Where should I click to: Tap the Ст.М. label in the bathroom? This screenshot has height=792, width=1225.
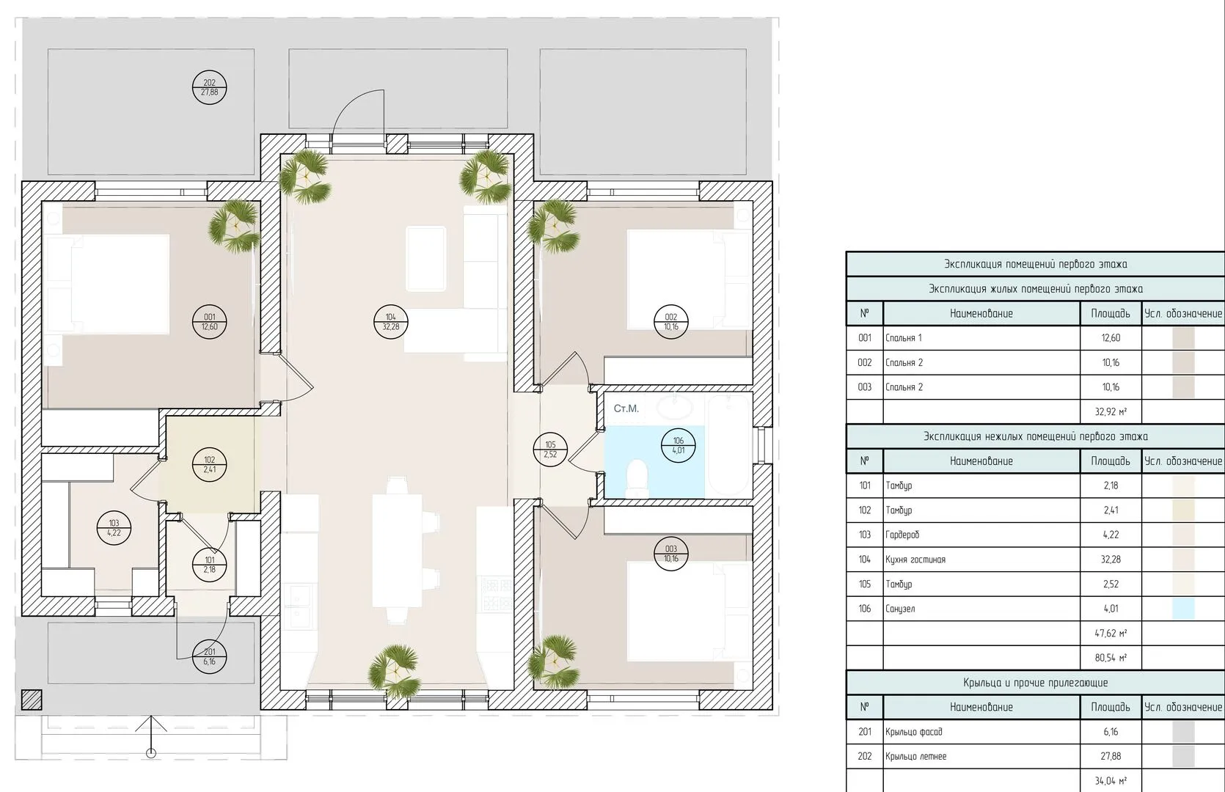point(626,408)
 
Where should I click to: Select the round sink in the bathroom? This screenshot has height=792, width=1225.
point(673,408)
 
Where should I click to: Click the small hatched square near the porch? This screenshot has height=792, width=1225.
point(32,700)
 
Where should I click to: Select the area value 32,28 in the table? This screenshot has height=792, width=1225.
point(1111,559)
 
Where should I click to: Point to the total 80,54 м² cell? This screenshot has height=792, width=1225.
point(1111,658)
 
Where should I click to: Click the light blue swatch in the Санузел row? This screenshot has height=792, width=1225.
point(1183,609)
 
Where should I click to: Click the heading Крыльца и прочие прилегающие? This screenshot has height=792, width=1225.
point(1035,683)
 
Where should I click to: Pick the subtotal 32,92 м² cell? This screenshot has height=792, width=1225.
point(1111,411)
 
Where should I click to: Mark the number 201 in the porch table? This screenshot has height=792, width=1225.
point(865,732)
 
